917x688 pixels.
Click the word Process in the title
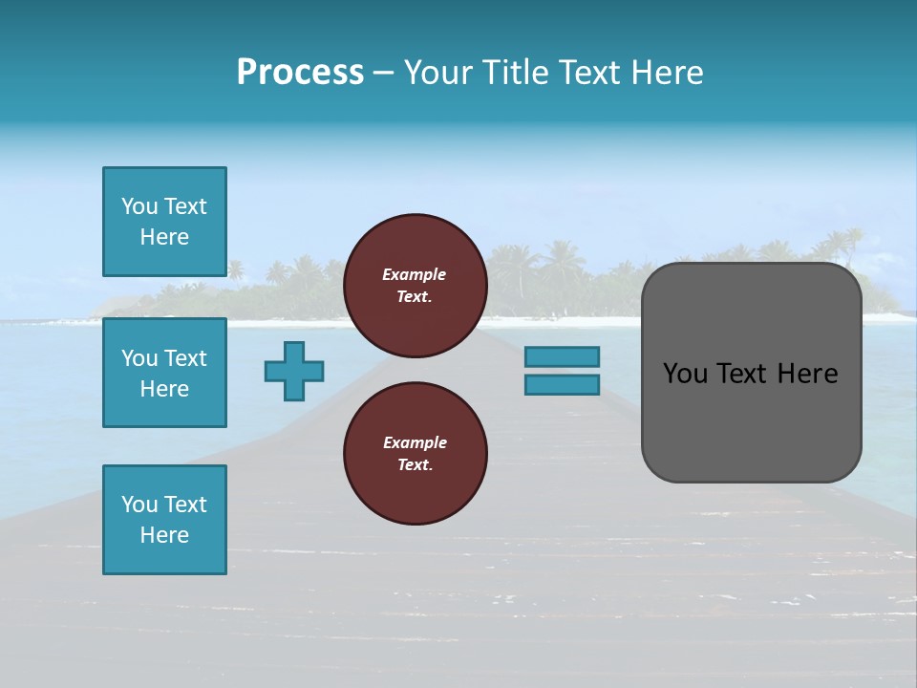(300, 73)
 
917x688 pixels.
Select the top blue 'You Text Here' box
(164, 222)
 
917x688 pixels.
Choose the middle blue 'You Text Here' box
(164, 373)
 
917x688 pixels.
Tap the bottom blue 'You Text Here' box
(164, 520)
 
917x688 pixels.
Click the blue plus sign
(294, 371)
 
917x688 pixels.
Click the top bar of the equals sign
(562, 356)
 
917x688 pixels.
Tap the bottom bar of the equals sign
(562, 384)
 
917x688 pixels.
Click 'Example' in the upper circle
(415, 274)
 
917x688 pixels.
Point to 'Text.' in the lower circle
(415, 464)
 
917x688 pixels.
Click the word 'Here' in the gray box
(807, 374)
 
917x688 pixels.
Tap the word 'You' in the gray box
(687, 374)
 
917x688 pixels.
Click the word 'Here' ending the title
(670, 73)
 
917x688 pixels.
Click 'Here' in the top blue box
(164, 237)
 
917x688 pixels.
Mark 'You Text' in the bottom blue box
(164, 505)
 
